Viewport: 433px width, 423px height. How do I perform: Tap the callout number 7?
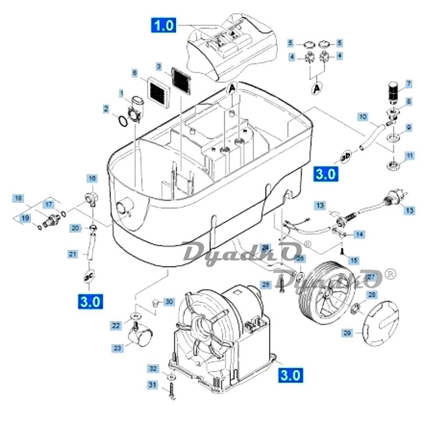pyautogui.click(x=408, y=83)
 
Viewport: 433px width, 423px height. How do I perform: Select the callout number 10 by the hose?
pyautogui.click(x=362, y=117)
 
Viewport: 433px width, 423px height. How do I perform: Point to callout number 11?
pyautogui.click(x=409, y=156)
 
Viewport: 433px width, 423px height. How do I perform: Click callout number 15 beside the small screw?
pyautogui.click(x=353, y=260)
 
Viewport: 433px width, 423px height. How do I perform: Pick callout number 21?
pyautogui.click(x=73, y=253)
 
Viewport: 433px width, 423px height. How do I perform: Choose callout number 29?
pyautogui.click(x=347, y=333)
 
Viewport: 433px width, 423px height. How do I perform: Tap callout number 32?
pyautogui.click(x=152, y=369)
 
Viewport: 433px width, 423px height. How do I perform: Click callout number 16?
pyautogui.click(x=92, y=178)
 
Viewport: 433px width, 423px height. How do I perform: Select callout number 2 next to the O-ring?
pyautogui.click(x=106, y=109)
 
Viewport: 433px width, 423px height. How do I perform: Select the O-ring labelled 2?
pyautogui.click(x=123, y=121)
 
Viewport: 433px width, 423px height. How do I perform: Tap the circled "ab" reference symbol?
pyautogui.click(x=345, y=155)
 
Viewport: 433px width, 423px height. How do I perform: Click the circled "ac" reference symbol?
pyautogui.click(x=89, y=276)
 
